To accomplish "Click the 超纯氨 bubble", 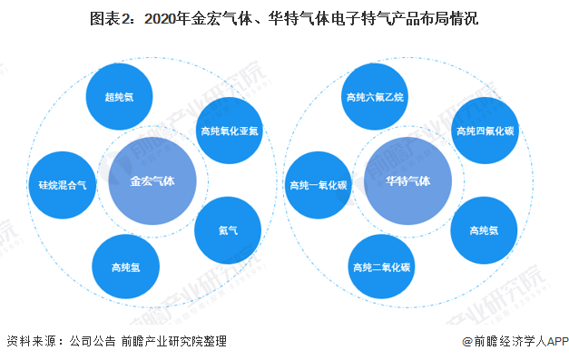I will pyautogui.click(x=119, y=96).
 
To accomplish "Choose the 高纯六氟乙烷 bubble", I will pyautogui.click(x=373, y=95).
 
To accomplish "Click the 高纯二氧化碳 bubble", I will pyautogui.click(x=381, y=267).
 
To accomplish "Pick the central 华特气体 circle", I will pyautogui.click(x=407, y=180).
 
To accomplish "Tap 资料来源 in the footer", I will pyautogui.click(x=28, y=341).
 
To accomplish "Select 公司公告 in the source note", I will pyautogui.click(x=92, y=341).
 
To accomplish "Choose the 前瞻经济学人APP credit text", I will pyautogui.click(x=514, y=341).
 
